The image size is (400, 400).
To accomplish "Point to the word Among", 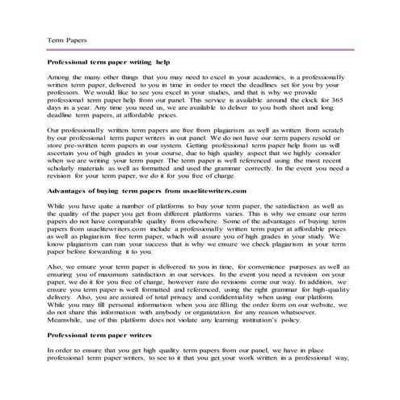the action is pos(61,75).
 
